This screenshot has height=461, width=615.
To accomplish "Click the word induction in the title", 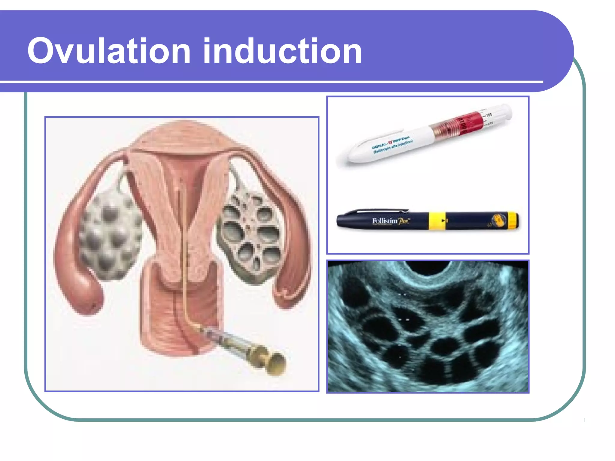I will (x=282, y=51).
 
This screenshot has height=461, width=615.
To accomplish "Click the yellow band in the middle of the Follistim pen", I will (x=437, y=221).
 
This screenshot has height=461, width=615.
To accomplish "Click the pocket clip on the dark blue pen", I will (x=381, y=211).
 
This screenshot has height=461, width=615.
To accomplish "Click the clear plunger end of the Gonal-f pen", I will (x=498, y=113).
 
